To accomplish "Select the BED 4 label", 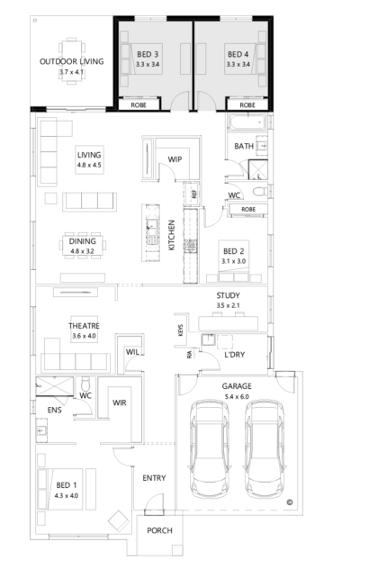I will point(238,54).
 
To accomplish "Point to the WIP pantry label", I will point(175,158).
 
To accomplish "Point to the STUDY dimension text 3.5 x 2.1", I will point(229,305).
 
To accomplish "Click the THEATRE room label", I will point(83,325).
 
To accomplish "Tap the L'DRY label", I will point(235,357).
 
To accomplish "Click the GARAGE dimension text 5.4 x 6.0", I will point(237,395).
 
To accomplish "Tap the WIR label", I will point(119,404).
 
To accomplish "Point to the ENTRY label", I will point(152,477).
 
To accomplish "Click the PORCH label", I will point(159,532).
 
